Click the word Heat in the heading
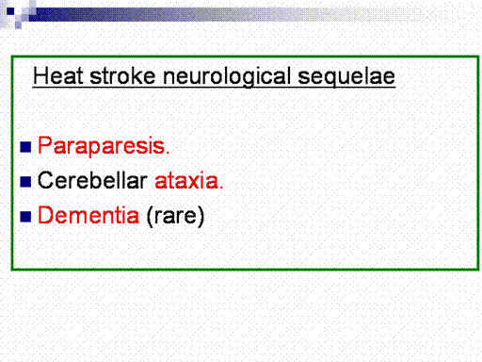[58, 76]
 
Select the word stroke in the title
[122, 76]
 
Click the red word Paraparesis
[102, 146]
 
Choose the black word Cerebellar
[92, 180]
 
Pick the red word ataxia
[186, 181]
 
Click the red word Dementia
[88, 215]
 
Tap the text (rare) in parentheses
[175, 216]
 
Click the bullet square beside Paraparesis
[25, 147]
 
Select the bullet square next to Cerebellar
[25, 182]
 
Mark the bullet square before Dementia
[25, 217]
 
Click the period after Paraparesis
[168, 153]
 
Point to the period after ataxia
[221, 188]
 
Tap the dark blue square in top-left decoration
[10, 11]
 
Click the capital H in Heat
[40, 76]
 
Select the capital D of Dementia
[46, 215]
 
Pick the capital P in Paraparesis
[45, 146]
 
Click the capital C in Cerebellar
[46, 180]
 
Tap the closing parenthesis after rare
[201, 216]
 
